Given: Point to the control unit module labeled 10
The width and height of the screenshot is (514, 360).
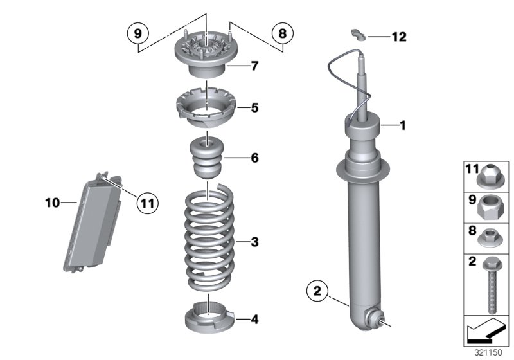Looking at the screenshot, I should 96,222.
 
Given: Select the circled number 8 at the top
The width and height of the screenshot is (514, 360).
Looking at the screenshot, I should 280,32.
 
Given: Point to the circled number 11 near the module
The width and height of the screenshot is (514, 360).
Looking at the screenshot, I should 148,203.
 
